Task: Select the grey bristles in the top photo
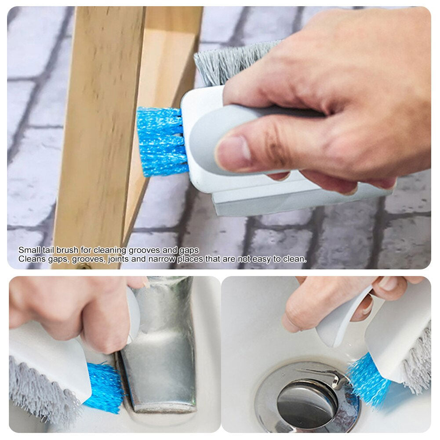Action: pyautogui.click(x=230, y=63)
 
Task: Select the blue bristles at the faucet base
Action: pyautogui.click(x=104, y=387)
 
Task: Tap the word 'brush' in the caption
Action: pyautogui.click(x=67, y=250)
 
